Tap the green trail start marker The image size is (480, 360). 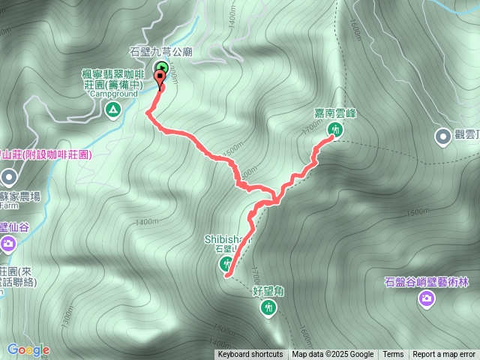(x=161, y=68)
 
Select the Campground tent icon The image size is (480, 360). (x=113, y=111)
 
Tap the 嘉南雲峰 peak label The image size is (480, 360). (x=334, y=113)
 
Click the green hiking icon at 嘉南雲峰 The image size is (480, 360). (x=335, y=129)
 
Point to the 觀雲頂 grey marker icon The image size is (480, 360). (x=442, y=136)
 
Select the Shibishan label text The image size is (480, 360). (x=224, y=239)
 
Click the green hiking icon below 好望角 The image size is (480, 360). (x=268, y=306)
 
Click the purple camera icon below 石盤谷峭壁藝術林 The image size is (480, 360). (x=426, y=299)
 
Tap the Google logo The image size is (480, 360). (x=28, y=349)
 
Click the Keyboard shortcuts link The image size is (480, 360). (x=250, y=355)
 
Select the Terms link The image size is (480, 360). (x=393, y=355)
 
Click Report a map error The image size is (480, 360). (x=444, y=355)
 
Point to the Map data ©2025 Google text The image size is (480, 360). (x=333, y=355)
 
